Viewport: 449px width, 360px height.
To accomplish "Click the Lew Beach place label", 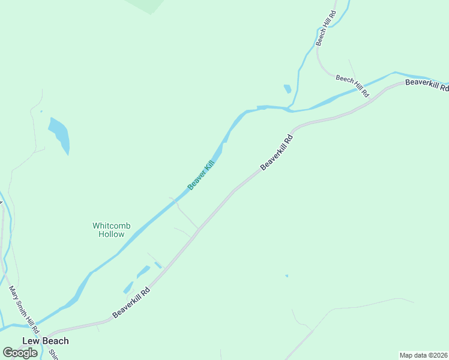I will coord(46,341).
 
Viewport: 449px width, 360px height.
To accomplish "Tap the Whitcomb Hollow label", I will coord(109,230).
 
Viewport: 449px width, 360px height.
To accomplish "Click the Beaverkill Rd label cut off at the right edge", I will coord(427,85).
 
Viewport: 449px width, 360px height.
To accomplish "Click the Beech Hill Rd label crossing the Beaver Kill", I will coord(352,86).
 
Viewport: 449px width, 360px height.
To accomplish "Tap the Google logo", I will coord(20,353).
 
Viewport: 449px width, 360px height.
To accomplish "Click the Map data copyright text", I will coord(424,355).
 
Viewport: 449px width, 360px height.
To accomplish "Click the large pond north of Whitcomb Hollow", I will coord(59,134).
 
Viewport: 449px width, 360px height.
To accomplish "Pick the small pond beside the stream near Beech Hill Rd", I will coord(288,89).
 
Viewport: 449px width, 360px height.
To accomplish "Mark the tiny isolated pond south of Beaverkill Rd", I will coord(286,276).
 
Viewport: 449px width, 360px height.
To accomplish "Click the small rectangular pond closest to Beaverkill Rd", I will coord(158,265).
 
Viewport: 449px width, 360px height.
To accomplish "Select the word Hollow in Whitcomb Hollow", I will coord(112,234).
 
